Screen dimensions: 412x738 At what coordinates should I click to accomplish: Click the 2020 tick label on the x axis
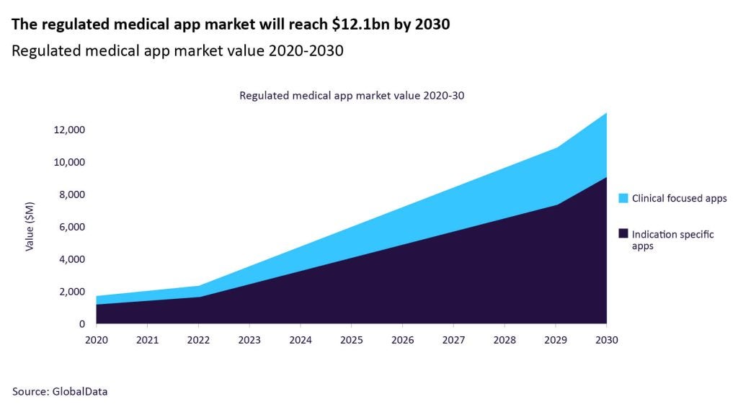click(96, 340)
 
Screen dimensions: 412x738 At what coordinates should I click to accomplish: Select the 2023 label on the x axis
click(249, 340)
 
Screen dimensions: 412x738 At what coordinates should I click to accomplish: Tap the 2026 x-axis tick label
click(402, 340)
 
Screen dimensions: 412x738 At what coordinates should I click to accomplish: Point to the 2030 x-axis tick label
click(606, 340)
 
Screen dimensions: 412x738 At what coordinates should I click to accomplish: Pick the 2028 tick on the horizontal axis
click(504, 340)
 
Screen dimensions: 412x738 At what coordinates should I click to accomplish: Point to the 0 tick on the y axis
click(81, 324)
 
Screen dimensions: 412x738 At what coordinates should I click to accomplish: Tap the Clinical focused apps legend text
click(679, 198)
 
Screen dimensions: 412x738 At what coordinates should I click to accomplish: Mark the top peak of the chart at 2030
click(606, 113)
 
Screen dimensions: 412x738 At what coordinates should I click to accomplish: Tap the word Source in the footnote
click(30, 391)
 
